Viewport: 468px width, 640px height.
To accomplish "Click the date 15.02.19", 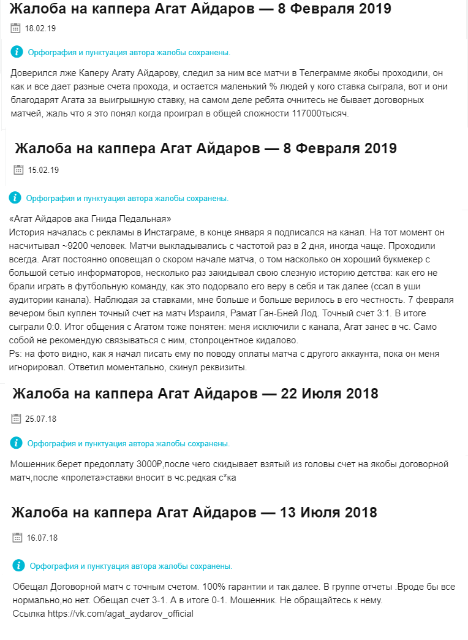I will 43,170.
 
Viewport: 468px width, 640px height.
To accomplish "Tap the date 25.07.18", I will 41,419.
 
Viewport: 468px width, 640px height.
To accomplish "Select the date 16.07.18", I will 42,538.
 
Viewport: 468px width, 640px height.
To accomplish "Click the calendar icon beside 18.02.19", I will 15,28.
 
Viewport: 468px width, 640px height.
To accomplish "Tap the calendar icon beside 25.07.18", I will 16,419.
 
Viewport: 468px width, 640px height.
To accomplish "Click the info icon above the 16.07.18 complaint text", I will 19,566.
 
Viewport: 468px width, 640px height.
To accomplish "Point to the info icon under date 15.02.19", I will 15,198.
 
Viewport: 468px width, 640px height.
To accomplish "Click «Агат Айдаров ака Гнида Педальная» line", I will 90,219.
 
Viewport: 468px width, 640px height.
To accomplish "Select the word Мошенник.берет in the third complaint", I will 45,465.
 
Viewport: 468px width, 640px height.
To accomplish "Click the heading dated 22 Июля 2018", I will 195,394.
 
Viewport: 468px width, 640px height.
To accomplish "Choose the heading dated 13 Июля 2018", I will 194,512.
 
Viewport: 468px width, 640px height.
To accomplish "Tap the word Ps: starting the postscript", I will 15,354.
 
